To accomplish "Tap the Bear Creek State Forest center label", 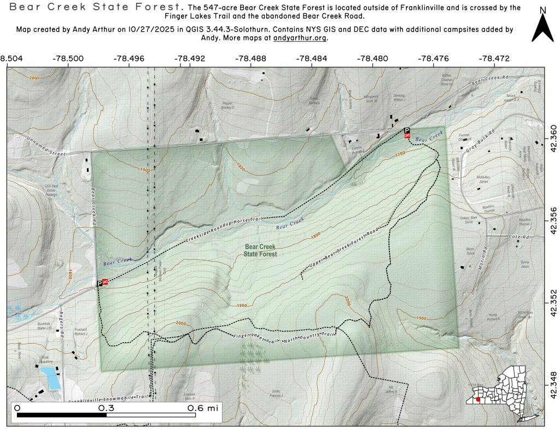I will point(260,251).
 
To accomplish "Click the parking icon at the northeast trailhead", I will point(406,131).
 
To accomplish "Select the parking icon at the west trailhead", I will point(100,283).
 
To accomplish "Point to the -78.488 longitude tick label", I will point(250,58).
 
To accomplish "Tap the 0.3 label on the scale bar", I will point(106,408).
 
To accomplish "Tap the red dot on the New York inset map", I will point(479,400).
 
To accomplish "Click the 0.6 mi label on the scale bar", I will point(202,408).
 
